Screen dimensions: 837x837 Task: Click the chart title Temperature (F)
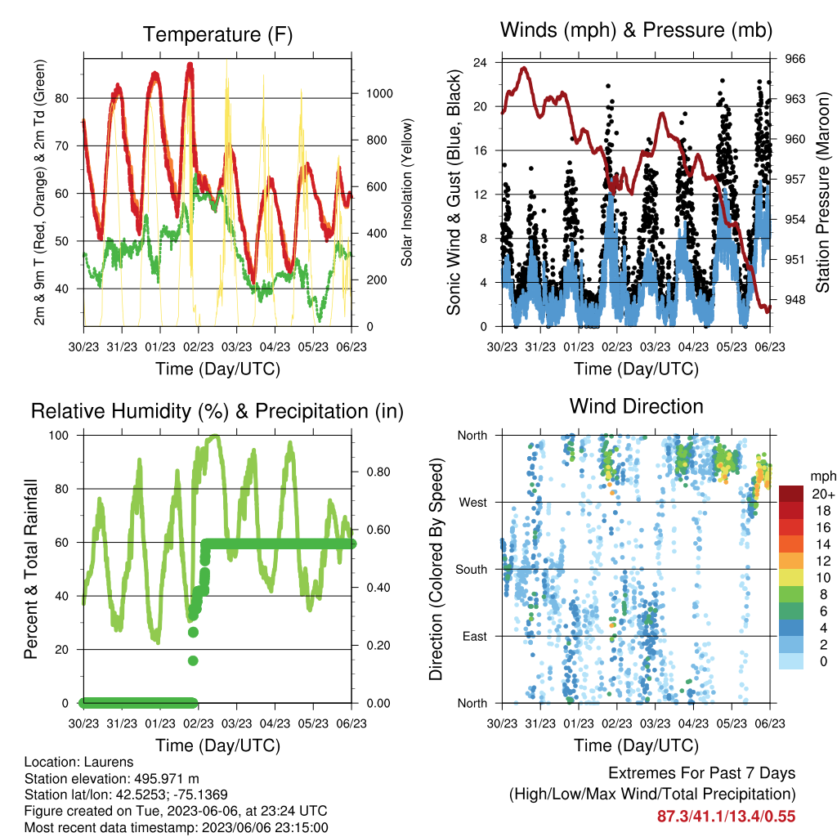[217, 34]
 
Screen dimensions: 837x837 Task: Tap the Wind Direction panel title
[636, 406]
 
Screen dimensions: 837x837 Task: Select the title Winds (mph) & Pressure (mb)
[636, 30]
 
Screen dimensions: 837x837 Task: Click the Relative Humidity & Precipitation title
[217, 412]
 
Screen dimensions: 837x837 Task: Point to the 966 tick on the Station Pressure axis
[794, 59]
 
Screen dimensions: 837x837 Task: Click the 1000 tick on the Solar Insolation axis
[379, 93]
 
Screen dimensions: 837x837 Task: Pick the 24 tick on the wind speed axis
[480, 62]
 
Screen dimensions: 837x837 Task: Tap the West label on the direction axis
[473, 503]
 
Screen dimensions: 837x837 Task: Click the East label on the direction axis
[475, 636]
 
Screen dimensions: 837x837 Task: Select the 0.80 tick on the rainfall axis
[378, 472]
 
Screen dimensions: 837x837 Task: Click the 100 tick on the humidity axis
[59, 435]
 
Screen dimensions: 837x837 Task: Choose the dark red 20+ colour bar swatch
[791, 494]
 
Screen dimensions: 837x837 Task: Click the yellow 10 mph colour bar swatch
[791, 578]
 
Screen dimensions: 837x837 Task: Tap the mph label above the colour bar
[822, 477]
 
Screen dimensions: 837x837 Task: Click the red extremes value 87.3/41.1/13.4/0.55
[726, 817]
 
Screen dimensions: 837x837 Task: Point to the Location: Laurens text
[79, 762]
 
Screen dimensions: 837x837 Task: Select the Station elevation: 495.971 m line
[111, 778]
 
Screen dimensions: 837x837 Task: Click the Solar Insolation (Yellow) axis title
[407, 192]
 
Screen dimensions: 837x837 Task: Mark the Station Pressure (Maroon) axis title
[822, 192]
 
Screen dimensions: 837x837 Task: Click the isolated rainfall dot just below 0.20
[193, 660]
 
